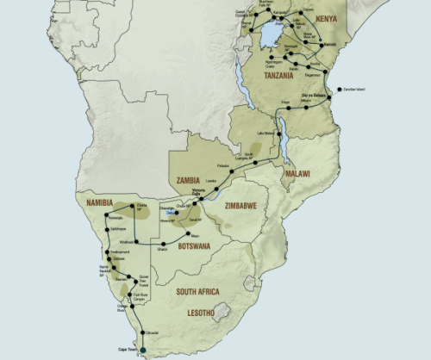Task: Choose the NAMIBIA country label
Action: tap(104, 203)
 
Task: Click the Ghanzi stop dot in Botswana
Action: tap(164, 243)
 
